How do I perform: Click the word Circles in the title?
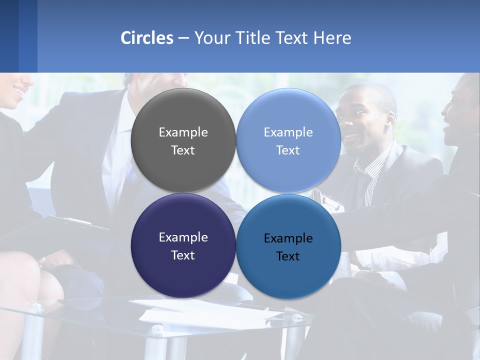pos(146,38)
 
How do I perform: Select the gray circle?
pos(183,140)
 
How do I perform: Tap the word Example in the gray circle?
pos(183,132)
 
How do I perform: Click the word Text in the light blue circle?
pos(288,150)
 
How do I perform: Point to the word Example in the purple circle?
pos(183,237)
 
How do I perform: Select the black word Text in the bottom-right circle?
pos(288,256)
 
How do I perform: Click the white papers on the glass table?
pos(210,313)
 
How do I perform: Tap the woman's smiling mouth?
pos(19,91)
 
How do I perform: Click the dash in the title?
pos(183,38)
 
